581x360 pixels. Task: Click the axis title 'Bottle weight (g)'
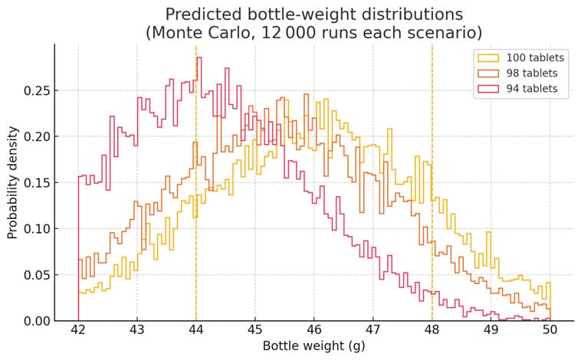click(313, 345)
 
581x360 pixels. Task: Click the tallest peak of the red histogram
click(199, 57)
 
